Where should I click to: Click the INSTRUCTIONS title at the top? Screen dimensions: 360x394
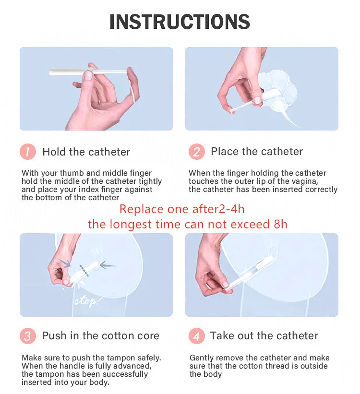coord(180,22)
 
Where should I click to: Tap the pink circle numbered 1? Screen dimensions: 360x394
coord(28,152)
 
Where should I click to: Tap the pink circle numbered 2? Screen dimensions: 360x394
coord(197,152)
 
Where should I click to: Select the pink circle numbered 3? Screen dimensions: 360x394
coord(28,336)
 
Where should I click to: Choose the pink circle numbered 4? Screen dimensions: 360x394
coord(197,336)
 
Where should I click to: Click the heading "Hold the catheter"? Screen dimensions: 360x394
coord(86,152)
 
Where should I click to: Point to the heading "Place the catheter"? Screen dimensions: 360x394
coord(257,152)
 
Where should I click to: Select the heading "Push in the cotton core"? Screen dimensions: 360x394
coord(100,336)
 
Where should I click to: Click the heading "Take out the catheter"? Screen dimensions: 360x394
coord(264,336)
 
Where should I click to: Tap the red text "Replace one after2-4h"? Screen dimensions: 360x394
coord(182,209)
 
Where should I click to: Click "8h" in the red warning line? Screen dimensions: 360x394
coord(280,224)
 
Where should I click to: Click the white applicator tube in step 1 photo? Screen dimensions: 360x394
coord(88,72)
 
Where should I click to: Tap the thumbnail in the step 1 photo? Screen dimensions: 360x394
coord(88,75)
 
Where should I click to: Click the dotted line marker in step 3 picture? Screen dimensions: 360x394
coord(84,271)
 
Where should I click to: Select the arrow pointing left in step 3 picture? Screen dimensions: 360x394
coord(108,265)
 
